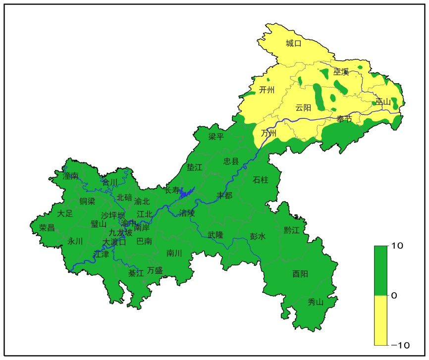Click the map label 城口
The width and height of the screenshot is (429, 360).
pos(294,44)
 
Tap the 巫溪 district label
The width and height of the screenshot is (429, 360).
pos(341,72)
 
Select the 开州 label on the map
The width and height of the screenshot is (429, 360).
pos(267,90)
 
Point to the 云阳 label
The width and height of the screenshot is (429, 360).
pos(303,108)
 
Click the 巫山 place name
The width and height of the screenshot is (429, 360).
pos(383,102)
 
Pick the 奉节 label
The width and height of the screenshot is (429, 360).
pos(344,119)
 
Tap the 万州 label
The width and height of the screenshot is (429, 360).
pos(268,134)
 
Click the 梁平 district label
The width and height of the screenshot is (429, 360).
pos(215,136)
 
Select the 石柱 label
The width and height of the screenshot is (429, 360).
pos(260,180)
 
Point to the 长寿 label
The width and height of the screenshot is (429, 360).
pos(172,190)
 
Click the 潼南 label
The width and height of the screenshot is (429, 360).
pos(71,176)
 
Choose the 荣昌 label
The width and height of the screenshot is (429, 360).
pos(47,228)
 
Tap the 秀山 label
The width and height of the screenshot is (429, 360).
pos(316,302)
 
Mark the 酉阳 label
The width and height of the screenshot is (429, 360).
pos(300,274)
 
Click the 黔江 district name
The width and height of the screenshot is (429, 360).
pos(291,230)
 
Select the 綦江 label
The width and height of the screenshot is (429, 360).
pos(136,273)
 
